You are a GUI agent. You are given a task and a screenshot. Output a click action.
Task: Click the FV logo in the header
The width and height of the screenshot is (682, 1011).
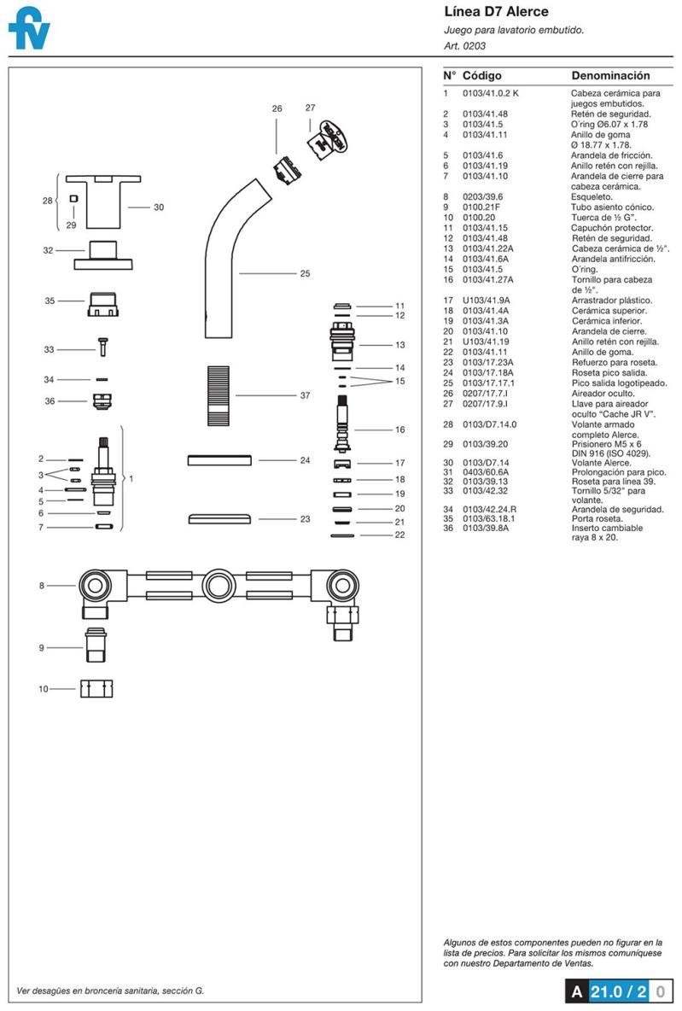[x=29, y=31]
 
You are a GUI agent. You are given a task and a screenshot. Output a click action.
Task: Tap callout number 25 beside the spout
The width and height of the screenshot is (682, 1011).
[x=305, y=274]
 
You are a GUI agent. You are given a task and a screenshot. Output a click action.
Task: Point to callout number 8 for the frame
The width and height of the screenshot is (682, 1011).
[x=41, y=586]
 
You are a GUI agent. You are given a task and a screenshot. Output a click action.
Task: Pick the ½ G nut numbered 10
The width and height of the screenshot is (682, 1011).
[x=96, y=688]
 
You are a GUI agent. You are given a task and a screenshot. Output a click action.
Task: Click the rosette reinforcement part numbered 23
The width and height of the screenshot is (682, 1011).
[x=218, y=519]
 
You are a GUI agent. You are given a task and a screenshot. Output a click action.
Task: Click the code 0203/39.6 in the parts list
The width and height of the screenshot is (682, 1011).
[x=482, y=196]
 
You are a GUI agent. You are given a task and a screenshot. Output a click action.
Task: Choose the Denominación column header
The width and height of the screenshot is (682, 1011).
[x=610, y=76]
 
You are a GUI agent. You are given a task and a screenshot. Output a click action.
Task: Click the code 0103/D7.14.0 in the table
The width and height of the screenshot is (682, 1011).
[x=489, y=424]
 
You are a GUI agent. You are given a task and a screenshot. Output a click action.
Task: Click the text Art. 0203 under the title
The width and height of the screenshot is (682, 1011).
[x=465, y=46]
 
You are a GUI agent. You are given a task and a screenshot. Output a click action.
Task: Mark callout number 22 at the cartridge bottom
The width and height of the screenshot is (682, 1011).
[x=399, y=535]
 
